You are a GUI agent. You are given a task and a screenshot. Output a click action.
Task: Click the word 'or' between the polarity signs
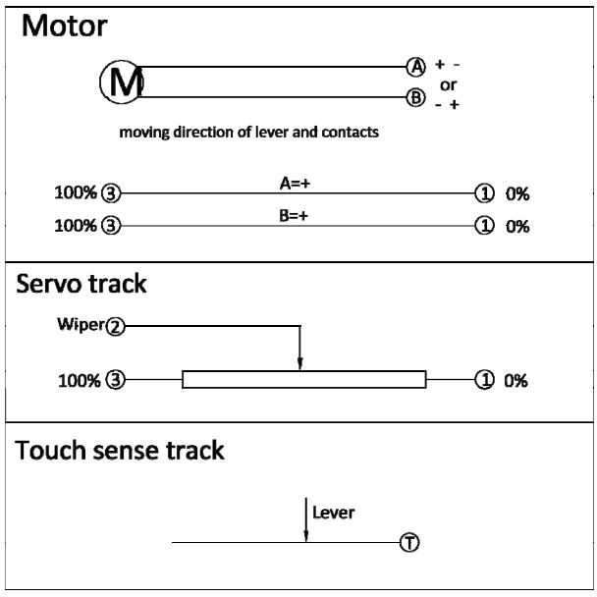448,85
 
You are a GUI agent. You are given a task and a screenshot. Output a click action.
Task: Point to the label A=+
295,184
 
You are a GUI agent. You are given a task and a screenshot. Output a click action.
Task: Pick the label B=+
294,216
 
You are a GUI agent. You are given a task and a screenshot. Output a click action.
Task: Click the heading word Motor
65,26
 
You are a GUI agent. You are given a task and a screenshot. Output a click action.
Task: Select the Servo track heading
81,284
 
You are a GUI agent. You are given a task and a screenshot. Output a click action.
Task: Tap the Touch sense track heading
119,450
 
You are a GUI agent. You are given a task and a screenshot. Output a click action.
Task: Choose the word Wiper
81,325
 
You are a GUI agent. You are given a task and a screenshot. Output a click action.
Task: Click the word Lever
333,513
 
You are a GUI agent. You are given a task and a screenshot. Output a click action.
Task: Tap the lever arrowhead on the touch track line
305,536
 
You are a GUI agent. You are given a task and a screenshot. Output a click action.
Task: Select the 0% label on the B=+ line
517,227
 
